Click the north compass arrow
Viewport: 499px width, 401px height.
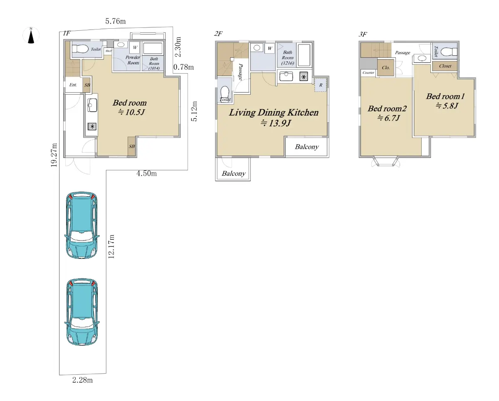pos(31,37)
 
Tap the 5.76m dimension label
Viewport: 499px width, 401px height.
pos(116,21)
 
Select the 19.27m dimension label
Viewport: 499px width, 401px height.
pos(54,155)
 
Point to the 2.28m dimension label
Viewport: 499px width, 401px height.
pos(83,380)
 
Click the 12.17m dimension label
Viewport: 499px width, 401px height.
pos(111,246)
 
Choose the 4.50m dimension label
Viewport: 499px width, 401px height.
pos(146,173)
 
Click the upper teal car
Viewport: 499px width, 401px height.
pos(82,225)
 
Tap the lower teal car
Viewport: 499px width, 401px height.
pos(82,312)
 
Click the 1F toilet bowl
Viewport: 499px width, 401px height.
pos(80,49)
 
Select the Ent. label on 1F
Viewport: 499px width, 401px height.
pos(73,85)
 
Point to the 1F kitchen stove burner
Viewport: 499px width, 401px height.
pos(92,126)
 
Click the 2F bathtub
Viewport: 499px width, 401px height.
pos(304,55)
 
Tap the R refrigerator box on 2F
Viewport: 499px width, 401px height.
pos(321,85)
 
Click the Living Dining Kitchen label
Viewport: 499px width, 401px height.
pos(274,113)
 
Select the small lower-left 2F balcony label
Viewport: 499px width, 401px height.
pos(234,173)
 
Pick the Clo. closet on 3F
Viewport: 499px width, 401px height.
pos(385,67)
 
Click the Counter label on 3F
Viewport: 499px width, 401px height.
pos(368,73)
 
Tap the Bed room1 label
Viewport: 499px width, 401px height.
pos(445,96)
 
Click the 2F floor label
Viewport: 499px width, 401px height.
pos(218,34)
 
